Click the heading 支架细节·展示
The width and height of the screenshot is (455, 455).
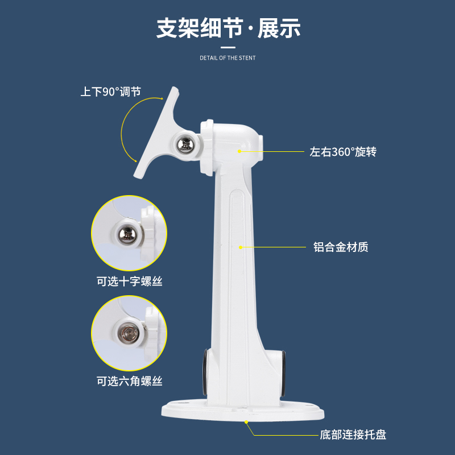[228, 28]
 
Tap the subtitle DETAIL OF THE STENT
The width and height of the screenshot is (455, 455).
[227, 58]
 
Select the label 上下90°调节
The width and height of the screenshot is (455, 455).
[110, 92]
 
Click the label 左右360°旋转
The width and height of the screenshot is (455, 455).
[343, 152]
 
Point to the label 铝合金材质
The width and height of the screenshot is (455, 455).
[341, 247]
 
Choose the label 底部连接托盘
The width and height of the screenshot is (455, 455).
[353, 435]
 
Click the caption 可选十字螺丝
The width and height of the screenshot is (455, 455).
[130, 282]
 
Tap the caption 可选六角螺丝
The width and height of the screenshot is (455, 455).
[130, 381]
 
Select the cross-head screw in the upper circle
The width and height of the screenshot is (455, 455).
[127, 234]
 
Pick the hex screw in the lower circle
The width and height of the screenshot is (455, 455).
[128, 334]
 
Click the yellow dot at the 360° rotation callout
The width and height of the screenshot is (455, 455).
[239, 151]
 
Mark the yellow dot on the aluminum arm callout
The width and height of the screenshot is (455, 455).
[240, 247]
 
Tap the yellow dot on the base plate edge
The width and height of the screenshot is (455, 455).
[246, 422]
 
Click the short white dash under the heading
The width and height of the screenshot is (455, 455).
[228, 47]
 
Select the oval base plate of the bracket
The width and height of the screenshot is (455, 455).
[243, 411]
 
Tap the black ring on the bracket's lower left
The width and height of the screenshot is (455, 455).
[205, 372]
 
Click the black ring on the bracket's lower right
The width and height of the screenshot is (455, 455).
[283, 374]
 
